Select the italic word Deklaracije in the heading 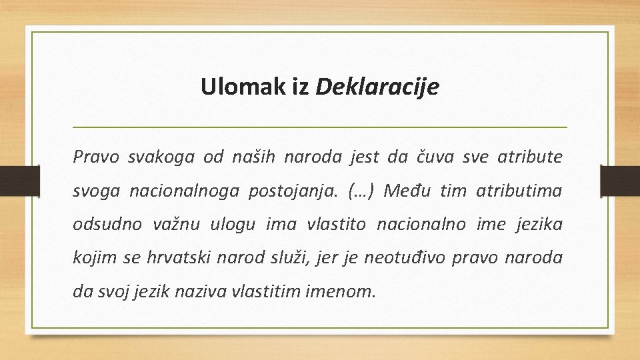(x=377, y=87)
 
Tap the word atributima (x=519, y=191)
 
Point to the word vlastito (x=336, y=225)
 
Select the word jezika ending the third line (x=539, y=225)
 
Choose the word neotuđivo (x=403, y=258)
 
